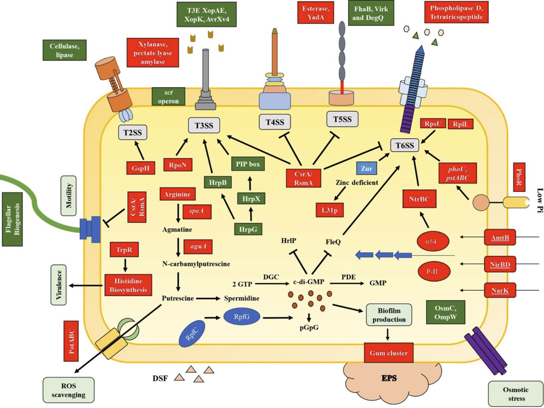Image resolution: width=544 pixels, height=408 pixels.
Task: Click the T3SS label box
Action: [204, 126]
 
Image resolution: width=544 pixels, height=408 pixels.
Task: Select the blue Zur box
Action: [367, 168]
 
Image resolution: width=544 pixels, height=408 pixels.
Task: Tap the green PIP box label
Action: [248, 164]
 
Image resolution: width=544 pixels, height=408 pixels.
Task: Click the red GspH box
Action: [141, 168]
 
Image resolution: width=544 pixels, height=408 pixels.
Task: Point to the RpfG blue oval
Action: [242, 317]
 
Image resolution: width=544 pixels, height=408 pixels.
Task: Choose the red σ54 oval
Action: [433, 241]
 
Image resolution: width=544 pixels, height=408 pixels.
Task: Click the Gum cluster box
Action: [388, 353]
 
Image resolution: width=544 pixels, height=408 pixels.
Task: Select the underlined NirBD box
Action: [500, 264]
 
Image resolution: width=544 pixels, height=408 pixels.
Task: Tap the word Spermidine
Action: [242, 298]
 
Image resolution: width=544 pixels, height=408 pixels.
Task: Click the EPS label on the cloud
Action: [389, 378]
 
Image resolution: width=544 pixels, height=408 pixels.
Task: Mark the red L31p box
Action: [330, 210]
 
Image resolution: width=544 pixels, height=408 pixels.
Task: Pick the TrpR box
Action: [124, 250]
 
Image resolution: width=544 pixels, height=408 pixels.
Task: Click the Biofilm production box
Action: [389, 315]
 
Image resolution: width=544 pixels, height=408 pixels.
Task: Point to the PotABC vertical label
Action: [71, 341]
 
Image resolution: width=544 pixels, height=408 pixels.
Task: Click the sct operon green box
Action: [168, 97]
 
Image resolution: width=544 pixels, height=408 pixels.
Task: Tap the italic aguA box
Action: [198, 246]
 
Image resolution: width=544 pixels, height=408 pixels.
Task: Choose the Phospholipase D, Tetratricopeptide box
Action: [456, 13]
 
